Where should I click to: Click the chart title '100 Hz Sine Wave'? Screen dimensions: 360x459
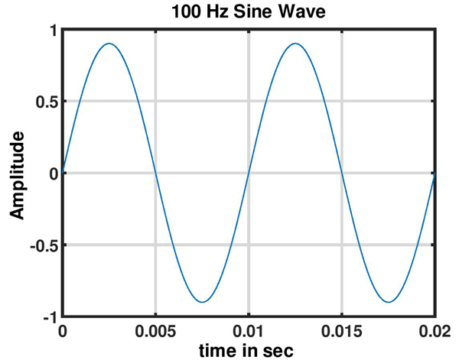(x=249, y=12)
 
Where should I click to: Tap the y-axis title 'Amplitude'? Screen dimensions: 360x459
(x=17, y=174)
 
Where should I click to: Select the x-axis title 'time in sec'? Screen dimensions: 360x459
(x=249, y=350)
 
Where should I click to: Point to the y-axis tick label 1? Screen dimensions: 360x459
(x=53, y=31)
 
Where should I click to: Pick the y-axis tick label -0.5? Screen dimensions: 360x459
(x=43, y=245)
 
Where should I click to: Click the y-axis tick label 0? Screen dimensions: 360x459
(x=53, y=174)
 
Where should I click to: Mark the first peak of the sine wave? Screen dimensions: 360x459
(x=109, y=44)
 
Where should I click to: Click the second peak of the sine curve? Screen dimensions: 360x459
(x=295, y=44)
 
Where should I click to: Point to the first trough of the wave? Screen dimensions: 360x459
(x=202, y=302)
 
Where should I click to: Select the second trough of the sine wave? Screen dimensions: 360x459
(x=388, y=302)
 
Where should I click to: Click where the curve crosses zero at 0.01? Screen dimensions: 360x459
(x=249, y=173)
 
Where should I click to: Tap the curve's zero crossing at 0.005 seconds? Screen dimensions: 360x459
(x=156, y=173)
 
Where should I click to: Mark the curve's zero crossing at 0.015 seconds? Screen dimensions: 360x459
(x=341, y=173)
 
